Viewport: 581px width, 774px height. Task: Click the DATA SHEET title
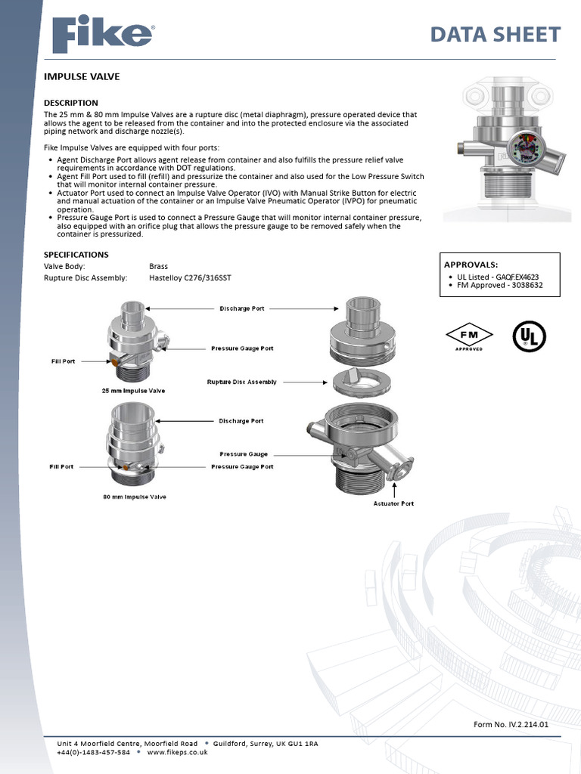click(x=495, y=35)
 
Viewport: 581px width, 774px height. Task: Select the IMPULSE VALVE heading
click(x=82, y=76)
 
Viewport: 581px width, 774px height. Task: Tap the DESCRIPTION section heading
click(x=71, y=103)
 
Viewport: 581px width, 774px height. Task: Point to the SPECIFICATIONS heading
click(x=76, y=255)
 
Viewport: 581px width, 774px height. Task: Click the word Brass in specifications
click(x=158, y=267)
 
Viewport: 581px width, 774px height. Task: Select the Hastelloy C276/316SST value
click(x=190, y=278)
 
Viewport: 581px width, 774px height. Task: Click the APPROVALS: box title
click(x=471, y=265)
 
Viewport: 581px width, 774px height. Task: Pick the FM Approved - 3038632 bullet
click(x=500, y=285)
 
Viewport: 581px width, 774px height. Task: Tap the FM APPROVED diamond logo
click(x=468, y=337)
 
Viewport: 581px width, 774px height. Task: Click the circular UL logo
click(x=530, y=336)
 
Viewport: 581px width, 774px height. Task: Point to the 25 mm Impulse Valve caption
click(x=133, y=391)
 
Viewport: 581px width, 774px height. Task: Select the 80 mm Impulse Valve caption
click(x=134, y=497)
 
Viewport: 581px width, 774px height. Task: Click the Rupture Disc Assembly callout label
click(x=241, y=382)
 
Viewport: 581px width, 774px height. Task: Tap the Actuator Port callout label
click(x=393, y=503)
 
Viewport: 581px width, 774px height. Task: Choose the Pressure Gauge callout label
click(x=244, y=454)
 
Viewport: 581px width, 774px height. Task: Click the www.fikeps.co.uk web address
click(x=177, y=753)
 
